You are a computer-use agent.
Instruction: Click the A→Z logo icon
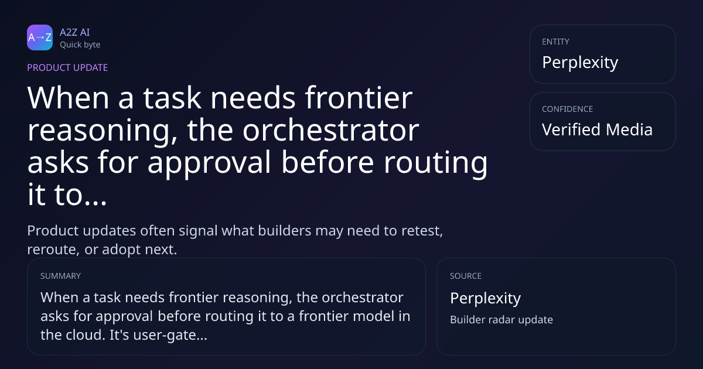[x=40, y=37]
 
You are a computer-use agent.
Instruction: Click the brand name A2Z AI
[x=75, y=32]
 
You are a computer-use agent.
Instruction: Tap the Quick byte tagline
[x=80, y=45]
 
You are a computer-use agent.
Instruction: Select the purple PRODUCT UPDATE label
[x=67, y=67]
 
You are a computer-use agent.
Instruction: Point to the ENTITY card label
[x=555, y=42]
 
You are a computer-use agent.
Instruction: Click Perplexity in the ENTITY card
[x=580, y=63]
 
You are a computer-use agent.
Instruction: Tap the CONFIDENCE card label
[x=568, y=109]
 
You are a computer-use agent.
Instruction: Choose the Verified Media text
[x=597, y=129]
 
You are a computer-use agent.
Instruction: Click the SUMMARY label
[x=60, y=276]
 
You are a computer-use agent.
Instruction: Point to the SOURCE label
[x=466, y=276]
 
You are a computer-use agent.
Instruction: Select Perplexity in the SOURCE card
[x=486, y=298]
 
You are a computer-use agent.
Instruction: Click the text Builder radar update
[x=501, y=320]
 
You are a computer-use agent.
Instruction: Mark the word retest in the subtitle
[x=422, y=231]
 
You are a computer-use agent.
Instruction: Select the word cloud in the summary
[x=84, y=335]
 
